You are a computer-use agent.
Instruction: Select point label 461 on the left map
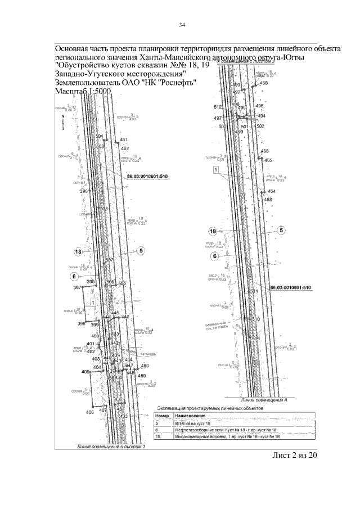124,139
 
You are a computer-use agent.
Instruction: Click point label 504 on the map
100,137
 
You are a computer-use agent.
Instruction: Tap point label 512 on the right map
218,106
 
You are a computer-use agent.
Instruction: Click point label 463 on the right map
268,199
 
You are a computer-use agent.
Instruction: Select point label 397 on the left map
77,287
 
